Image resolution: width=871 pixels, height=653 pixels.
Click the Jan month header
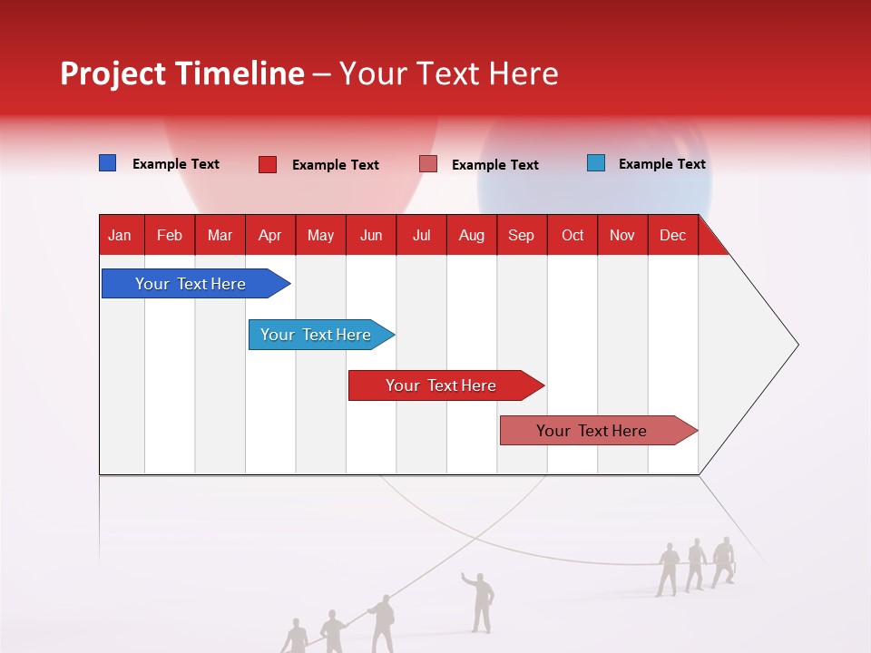121,235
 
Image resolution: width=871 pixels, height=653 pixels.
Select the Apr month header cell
270,235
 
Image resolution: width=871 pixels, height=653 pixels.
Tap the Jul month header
421,235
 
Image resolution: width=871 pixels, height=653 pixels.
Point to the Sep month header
521,235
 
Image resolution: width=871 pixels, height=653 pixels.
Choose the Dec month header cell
672,235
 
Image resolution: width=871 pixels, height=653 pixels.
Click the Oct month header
572,235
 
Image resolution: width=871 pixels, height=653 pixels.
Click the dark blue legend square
107,163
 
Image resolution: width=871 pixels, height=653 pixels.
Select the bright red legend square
267,164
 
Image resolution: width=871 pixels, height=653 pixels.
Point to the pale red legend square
427,164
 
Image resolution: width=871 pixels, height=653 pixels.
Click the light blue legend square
595,163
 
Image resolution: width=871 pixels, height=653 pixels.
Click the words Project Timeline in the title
181,73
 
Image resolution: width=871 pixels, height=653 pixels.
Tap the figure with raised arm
480,600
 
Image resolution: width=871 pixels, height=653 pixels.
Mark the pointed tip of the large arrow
797,345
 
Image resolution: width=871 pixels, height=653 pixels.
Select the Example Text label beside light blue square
661,164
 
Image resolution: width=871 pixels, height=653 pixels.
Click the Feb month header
170,235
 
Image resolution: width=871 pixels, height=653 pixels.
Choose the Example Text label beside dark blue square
175,164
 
